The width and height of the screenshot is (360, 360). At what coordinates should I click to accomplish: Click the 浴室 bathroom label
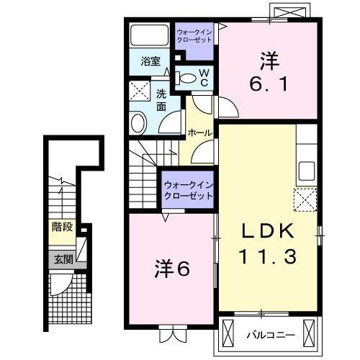coord(150,61)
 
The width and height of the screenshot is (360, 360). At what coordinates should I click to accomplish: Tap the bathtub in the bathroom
coord(149,35)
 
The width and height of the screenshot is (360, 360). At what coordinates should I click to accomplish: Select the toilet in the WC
coord(185,78)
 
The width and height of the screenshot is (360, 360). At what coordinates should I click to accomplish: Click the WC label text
coord(204,77)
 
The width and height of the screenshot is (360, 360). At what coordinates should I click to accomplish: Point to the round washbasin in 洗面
coord(138,125)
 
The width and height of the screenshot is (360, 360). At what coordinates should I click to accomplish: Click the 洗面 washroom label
coord(161,100)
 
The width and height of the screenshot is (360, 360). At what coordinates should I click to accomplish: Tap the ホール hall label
coord(200,132)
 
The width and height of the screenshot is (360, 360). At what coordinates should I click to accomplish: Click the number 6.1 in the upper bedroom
coord(269,84)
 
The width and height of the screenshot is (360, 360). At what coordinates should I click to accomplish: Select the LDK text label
coord(268,231)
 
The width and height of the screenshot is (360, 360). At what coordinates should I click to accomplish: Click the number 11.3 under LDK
coord(268,256)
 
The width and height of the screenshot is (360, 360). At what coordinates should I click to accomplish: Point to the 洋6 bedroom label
coord(172,268)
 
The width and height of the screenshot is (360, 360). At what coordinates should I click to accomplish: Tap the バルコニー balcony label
coord(271,335)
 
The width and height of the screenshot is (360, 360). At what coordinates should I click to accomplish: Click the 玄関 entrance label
coord(63,259)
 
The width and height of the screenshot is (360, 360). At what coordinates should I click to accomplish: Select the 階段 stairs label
coord(63,227)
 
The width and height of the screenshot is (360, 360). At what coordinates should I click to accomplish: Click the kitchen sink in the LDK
coord(307,171)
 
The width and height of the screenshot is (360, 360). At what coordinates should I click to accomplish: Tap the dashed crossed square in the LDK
coord(305,199)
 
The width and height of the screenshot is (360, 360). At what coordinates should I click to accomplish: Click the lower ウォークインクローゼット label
coord(189,191)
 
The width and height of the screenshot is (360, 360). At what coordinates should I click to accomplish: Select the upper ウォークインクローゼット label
coord(194,36)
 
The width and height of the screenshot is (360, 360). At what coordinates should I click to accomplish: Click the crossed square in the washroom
coord(140,91)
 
